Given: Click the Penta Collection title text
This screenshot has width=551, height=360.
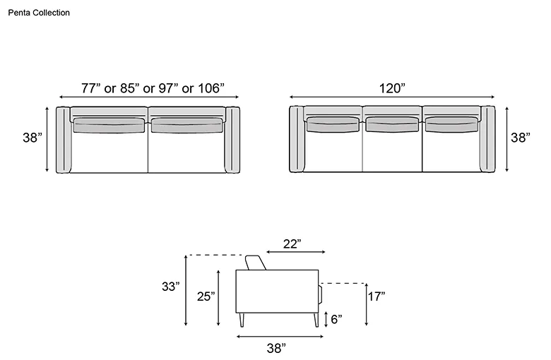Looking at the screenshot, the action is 39,13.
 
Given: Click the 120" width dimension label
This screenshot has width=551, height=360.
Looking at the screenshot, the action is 392,88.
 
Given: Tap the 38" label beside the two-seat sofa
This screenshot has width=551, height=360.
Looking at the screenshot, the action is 32,138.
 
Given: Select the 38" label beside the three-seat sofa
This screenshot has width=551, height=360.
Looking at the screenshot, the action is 521,138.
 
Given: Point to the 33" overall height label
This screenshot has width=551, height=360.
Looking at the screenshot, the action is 171,287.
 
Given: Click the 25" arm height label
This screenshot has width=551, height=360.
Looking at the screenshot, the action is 206,296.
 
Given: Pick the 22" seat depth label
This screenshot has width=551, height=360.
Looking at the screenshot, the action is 292,244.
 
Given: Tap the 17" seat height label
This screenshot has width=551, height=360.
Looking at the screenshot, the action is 377,296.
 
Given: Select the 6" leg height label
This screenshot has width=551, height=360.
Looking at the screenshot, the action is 336,319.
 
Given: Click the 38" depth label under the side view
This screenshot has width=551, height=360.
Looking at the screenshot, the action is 276,348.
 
